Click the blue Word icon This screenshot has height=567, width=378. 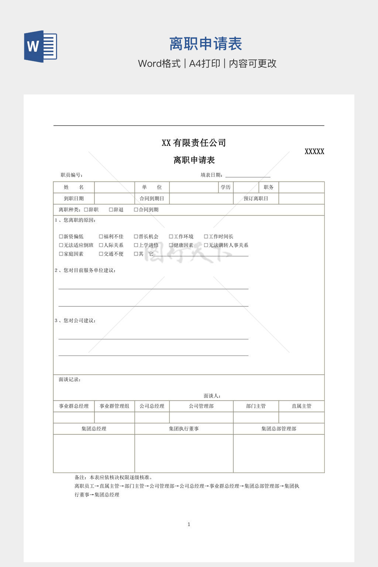41,47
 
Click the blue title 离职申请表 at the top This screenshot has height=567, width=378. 206,44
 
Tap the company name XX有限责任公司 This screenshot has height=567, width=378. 194,143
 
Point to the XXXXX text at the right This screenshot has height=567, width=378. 314,151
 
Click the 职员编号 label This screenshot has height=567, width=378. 72,175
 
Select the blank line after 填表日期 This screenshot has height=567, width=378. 248,175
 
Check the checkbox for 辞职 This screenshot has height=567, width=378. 86,210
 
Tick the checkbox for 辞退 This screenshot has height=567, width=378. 111,210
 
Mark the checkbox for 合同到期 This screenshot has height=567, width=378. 136,210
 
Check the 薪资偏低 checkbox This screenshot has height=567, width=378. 61,237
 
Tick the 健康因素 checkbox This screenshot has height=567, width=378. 171,245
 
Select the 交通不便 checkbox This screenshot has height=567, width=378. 101,254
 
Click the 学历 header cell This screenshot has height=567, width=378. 226,187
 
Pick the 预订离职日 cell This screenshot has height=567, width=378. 256,199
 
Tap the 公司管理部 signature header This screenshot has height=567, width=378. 201,406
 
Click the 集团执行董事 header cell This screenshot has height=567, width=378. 184,429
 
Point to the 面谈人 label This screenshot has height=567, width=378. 212,396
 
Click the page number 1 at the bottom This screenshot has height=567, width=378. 189,524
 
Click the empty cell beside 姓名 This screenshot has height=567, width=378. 114,187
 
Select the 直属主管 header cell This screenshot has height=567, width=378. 301,406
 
